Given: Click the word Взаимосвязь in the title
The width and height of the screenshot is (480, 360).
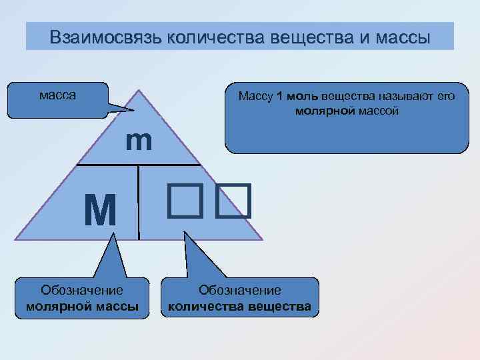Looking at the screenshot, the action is pos(105,36).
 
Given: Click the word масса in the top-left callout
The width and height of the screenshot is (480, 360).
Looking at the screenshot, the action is pos(57,95).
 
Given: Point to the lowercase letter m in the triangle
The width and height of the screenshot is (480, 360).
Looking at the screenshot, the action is pos(139,141).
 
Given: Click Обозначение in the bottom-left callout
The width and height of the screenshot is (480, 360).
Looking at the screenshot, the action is pos(82,290).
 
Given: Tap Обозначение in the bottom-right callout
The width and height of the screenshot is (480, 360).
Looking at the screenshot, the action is pos(240,290).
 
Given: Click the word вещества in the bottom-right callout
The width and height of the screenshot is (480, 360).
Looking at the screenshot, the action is pos(281,306).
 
